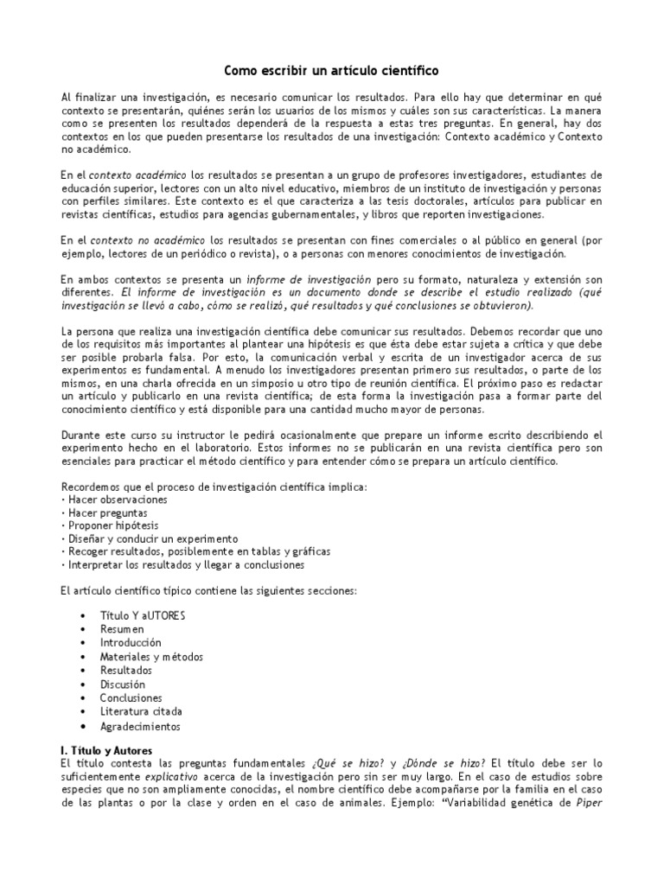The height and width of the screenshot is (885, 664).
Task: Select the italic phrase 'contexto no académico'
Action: (148, 239)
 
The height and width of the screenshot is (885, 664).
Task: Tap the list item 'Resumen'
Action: (122, 629)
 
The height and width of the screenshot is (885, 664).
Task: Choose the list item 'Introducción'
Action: (131, 643)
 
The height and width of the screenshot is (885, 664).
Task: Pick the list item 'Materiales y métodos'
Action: (151, 657)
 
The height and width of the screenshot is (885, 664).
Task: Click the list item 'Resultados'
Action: (125, 670)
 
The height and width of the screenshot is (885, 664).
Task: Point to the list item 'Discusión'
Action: (122, 684)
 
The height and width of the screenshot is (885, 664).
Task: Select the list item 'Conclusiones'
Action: (131, 697)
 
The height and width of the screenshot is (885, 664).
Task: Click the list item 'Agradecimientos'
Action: (140, 727)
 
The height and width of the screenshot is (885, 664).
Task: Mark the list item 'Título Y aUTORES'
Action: (143, 615)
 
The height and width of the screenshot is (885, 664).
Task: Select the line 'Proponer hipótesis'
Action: (112, 525)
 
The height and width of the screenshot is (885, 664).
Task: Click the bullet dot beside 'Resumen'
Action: (82, 629)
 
